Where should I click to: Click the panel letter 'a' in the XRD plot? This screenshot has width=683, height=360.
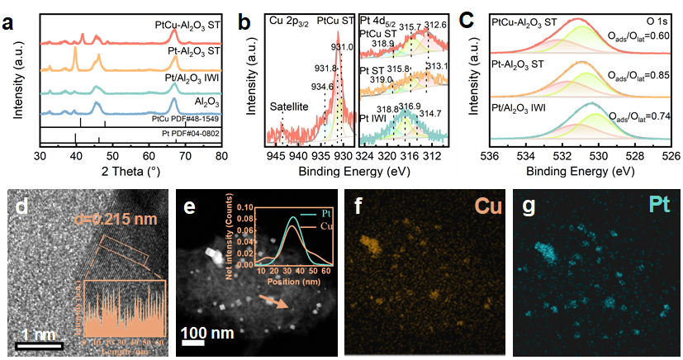(x=9, y=21)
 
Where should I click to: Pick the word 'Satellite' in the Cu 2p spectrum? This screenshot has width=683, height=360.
(x=291, y=107)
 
